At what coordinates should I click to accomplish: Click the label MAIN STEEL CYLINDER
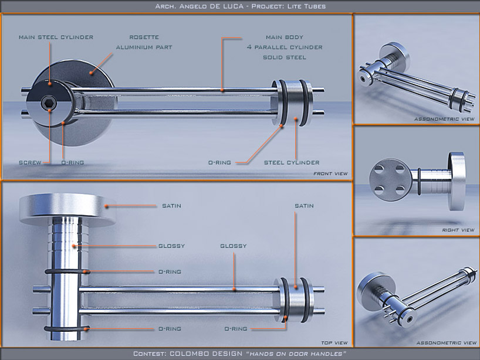click(x=56, y=38)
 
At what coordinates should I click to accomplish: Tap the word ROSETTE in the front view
click(x=144, y=38)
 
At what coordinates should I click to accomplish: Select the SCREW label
click(x=29, y=162)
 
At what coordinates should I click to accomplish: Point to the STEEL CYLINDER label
click(x=291, y=162)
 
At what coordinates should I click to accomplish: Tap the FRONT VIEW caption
click(x=330, y=174)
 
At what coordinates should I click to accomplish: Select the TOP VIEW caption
click(x=334, y=342)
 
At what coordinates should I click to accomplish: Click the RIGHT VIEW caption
click(x=458, y=230)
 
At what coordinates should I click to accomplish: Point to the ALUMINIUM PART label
click(x=144, y=47)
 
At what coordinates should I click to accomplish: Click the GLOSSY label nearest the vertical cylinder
click(x=171, y=246)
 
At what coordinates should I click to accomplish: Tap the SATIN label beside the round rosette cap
click(x=171, y=206)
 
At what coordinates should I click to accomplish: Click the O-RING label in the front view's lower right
click(x=220, y=162)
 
